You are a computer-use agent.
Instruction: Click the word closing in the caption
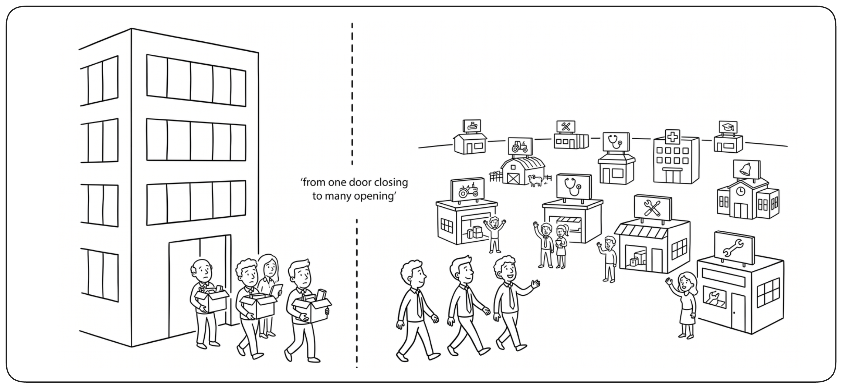coord(391,182)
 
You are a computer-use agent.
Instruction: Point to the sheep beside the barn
coord(535,180)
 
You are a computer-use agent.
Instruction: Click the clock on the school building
coord(740,191)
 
